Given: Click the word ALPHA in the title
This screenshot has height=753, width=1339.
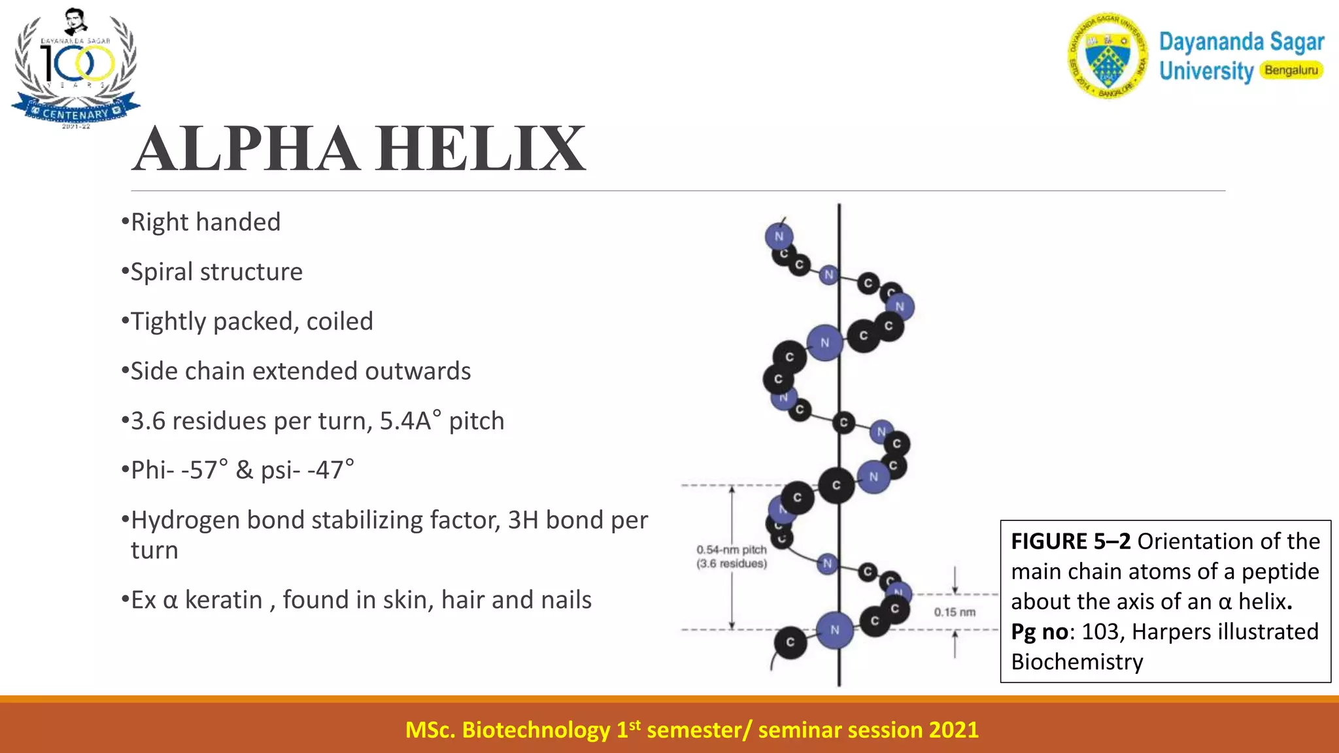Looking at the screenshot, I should [245, 149].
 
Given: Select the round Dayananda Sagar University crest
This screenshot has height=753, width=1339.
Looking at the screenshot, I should [1108, 56].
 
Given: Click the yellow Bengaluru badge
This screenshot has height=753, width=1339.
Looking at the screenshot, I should [1291, 70].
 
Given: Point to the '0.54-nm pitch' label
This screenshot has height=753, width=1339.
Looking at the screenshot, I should [731, 550].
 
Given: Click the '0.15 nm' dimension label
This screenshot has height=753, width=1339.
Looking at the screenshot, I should [955, 612].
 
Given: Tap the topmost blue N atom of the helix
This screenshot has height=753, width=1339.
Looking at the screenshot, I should [779, 236].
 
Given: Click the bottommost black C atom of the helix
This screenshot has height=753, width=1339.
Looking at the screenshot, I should [790, 642].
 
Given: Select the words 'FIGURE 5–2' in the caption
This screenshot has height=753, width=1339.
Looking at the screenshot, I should [1070, 541].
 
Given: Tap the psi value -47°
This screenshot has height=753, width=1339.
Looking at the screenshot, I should [331, 470].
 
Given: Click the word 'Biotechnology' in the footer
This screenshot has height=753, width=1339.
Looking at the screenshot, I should [535, 729].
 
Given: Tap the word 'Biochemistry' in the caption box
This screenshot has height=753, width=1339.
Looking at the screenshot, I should [1077, 661].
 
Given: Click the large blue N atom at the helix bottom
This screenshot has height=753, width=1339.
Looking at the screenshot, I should [835, 630].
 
